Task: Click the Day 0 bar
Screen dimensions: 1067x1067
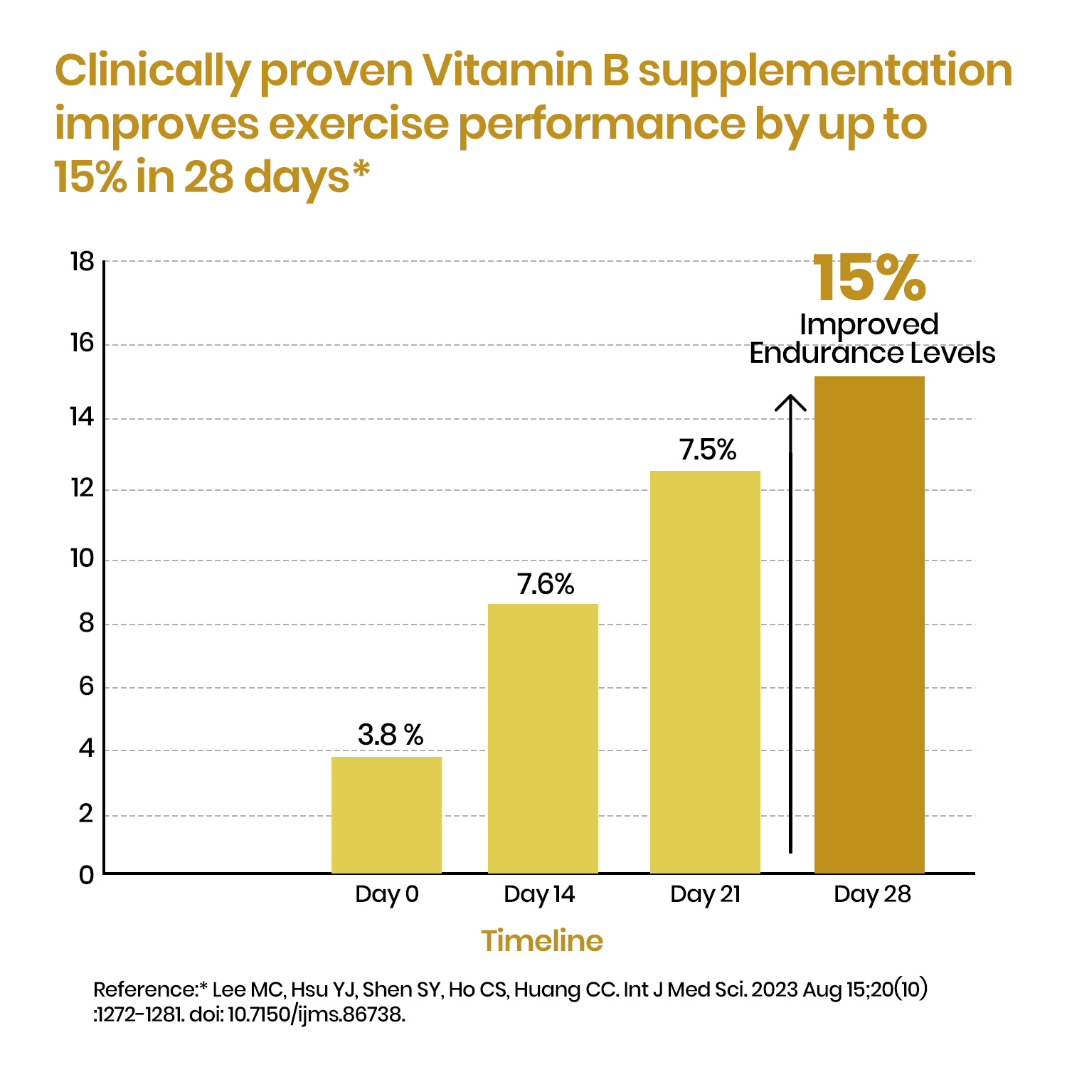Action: coord(386,814)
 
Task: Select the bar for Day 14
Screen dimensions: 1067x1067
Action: coord(543,738)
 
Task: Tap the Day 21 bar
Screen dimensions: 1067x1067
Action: coord(705,672)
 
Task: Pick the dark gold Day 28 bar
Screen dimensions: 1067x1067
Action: coord(869,625)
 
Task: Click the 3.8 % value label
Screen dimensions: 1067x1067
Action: coord(391,735)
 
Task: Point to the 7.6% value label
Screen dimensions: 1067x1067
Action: coord(546,584)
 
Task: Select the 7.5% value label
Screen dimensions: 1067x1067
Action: coord(708,450)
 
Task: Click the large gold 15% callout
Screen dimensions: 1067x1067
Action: coord(869,279)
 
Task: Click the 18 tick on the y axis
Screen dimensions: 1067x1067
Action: coord(83,262)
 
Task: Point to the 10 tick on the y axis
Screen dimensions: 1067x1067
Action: coord(83,559)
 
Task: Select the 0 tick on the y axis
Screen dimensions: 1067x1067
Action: coord(87,875)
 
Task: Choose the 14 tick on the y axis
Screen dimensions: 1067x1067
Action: coord(83,417)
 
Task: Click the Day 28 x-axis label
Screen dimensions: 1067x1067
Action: coord(872,894)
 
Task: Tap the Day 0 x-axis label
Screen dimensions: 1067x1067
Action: coord(387,894)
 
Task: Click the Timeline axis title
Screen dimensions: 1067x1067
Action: coord(542,940)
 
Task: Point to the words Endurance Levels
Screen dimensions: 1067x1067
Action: coord(872,353)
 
